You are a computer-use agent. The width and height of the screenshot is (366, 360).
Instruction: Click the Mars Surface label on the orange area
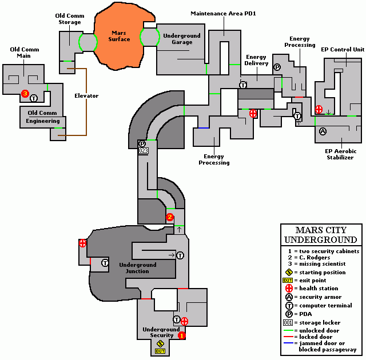tap(120, 35)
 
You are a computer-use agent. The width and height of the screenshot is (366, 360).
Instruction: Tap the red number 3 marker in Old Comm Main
tap(25, 93)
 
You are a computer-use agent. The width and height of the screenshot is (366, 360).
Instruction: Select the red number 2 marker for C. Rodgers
tap(169, 217)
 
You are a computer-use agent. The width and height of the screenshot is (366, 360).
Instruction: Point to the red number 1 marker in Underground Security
tap(182, 335)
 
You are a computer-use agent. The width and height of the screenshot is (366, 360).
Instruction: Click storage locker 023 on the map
tap(143, 151)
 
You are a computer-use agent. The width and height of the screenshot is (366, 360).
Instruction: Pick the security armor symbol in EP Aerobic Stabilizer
tap(322, 131)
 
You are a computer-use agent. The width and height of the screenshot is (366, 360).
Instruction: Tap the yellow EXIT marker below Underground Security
tap(160, 351)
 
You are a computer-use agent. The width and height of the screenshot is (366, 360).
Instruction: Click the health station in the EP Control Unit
tap(319, 109)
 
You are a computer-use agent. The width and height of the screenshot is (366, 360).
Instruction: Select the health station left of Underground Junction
tap(82, 243)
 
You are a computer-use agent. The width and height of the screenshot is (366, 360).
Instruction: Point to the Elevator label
tap(87, 95)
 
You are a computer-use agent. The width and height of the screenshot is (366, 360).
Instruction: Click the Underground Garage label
tap(182, 39)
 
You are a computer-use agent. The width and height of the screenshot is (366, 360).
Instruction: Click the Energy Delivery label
tap(257, 60)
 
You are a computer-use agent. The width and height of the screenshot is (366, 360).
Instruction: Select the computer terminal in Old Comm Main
tap(33, 98)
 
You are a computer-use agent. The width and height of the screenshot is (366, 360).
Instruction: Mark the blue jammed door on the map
tap(204, 128)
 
